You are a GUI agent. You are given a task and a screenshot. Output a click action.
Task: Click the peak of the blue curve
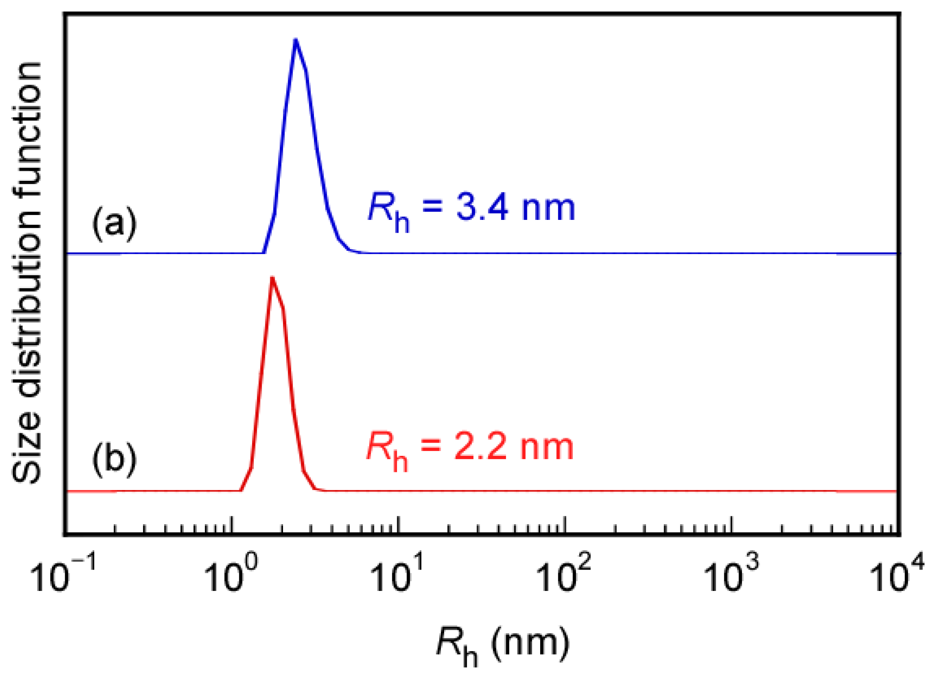point(295,40)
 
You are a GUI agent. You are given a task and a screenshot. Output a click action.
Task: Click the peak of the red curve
point(272,278)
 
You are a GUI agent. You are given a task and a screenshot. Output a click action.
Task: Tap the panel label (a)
point(114,224)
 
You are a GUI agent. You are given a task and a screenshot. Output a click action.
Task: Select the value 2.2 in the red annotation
point(480,447)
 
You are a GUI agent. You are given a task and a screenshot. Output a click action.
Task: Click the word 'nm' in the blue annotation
point(548,208)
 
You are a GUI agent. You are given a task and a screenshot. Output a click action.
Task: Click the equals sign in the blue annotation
point(432,206)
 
